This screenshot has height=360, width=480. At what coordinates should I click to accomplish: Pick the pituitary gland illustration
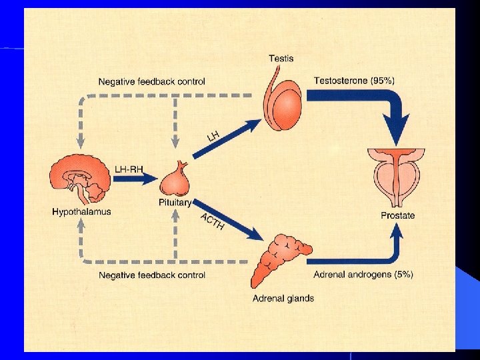point(177,179)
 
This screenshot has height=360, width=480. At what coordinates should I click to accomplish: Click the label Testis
point(281,58)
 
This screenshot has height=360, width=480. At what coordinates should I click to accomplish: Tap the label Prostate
point(397,215)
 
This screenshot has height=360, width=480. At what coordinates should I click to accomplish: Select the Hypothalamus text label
point(81,212)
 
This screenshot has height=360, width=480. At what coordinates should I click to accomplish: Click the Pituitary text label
point(175,202)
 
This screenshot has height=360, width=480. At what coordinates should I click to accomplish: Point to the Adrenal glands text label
point(283,298)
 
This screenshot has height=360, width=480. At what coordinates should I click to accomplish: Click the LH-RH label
point(129,170)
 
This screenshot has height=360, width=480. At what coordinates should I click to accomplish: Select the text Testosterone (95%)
point(354,81)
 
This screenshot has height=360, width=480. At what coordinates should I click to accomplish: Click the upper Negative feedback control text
point(152,82)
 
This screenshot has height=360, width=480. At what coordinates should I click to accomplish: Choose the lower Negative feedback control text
point(152,275)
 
